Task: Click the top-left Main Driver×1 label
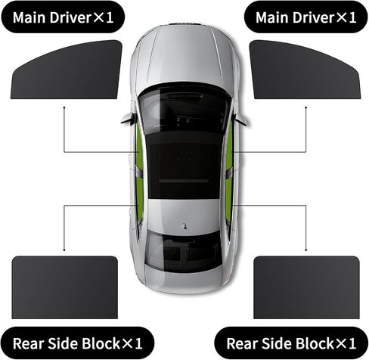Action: tap(63, 17)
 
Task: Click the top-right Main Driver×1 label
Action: tap(306, 17)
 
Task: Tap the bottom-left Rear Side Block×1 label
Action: tap(77, 343)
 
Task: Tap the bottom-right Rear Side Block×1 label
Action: tap(291, 343)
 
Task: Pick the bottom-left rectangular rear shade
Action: tap(65, 287)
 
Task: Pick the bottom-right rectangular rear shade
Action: tap(306, 287)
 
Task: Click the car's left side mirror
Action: tap(129, 118)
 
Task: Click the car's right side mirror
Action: tap(240, 119)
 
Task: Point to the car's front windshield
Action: tap(184, 107)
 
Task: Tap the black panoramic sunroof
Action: tap(184, 165)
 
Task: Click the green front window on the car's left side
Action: tap(139, 145)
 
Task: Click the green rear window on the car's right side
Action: tap(228, 199)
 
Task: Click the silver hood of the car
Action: tap(184, 54)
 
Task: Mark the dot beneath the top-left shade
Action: tap(64, 107)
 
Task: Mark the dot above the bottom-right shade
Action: tap(306, 250)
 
